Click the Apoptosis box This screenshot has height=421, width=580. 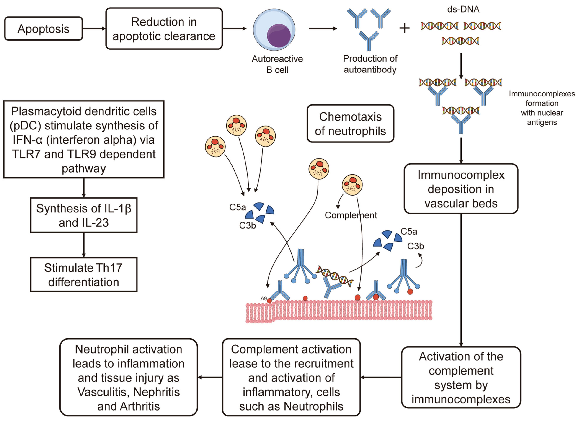pos(44,29)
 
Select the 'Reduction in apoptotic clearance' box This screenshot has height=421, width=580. pos(164,29)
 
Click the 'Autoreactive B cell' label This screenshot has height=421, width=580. pos(277,64)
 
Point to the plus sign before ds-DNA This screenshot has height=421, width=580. pos(404,28)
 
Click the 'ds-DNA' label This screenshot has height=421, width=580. pos(463,9)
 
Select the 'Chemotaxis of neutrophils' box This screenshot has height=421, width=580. pos(350,124)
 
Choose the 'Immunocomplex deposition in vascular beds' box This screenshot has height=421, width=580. pos(461,189)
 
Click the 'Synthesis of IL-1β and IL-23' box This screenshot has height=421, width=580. pos(84,215)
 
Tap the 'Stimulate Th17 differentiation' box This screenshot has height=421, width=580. pos(84,275)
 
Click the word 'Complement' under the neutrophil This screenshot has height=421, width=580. pos(351,215)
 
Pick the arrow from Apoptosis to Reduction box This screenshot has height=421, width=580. pos(94,28)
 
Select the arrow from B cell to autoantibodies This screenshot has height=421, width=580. pos(323,28)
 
